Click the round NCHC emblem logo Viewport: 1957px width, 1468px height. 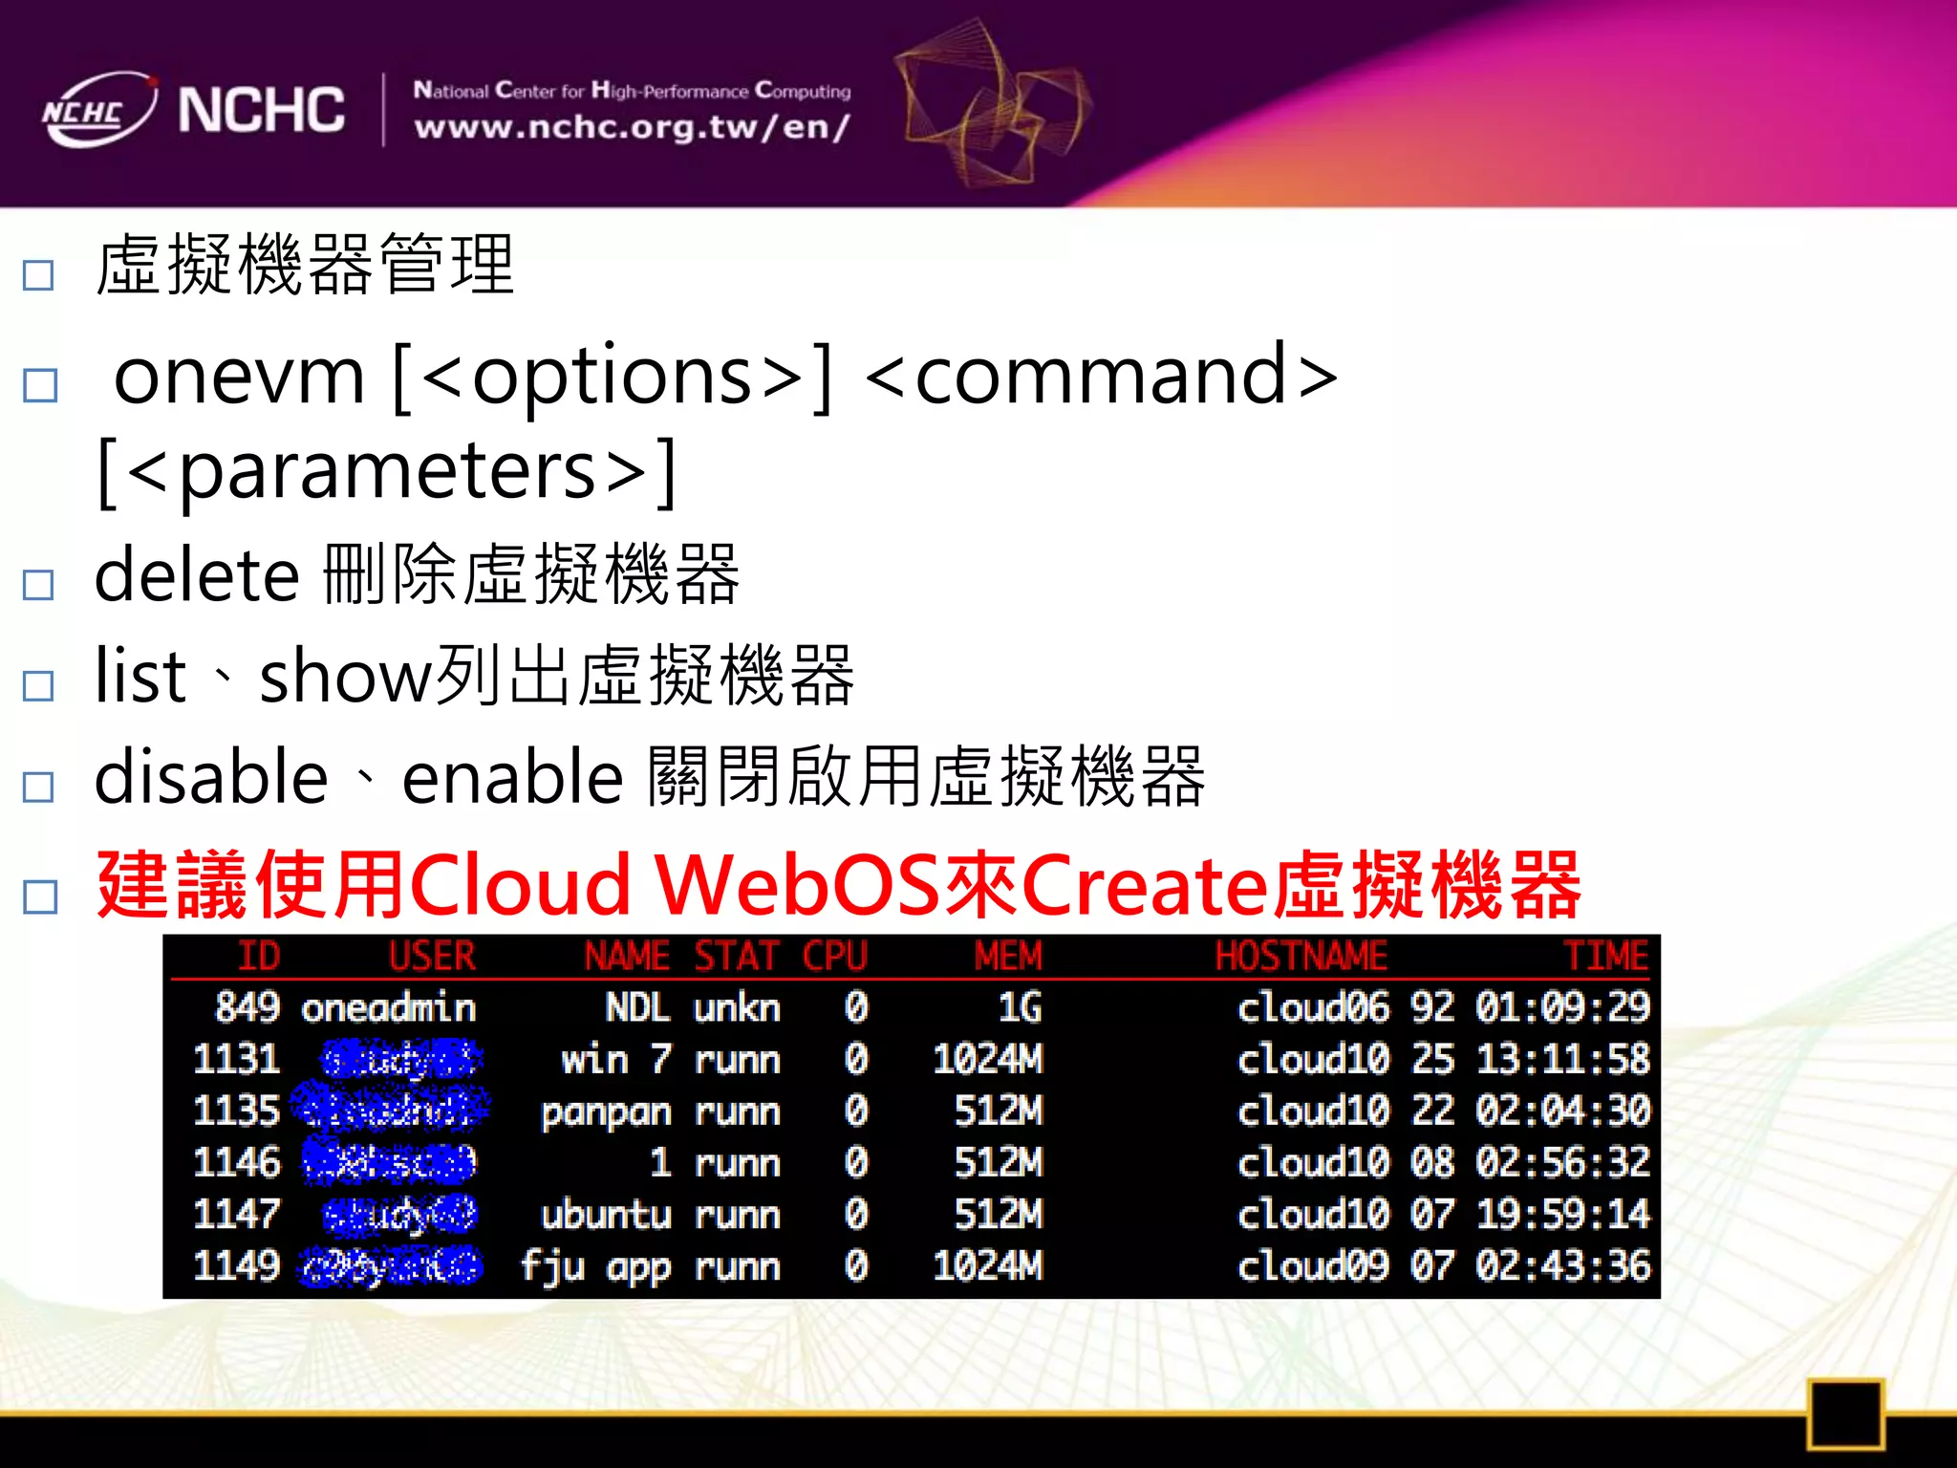[98, 110]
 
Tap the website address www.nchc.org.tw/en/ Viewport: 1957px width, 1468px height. [632, 127]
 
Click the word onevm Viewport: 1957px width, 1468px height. [239, 376]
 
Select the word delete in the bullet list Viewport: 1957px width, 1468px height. [197, 575]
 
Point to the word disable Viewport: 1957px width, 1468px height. [211, 776]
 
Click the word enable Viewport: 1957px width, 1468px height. [513, 776]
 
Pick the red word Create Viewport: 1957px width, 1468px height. [1146, 885]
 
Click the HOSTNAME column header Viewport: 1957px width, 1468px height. [1301, 957]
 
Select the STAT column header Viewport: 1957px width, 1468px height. [736, 957]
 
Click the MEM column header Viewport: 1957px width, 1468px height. [1007, 957]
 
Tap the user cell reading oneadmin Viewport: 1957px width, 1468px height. [388, 1008]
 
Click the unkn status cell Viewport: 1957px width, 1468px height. [737, 1008]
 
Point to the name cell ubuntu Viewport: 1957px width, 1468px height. [606, 1215]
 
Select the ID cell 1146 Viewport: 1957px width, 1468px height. [236, 1163]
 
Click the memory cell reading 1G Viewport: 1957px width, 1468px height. [1020, 1008]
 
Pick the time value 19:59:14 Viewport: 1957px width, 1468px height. [1563, 1215]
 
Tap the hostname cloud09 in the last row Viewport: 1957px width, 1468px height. [1313, 1266]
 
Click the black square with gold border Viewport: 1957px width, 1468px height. [1845, 1414]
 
